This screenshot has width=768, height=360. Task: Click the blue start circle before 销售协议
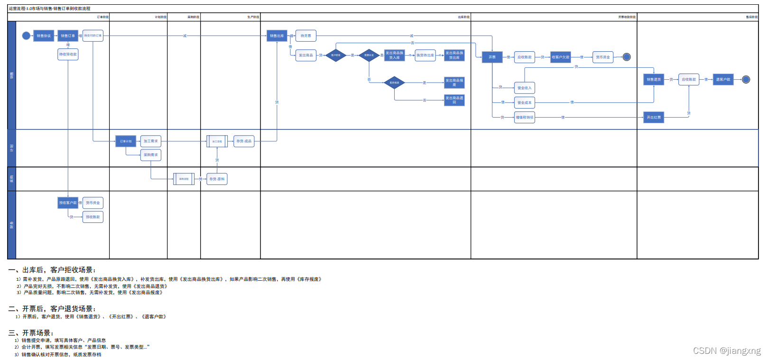click(x=26, y=36)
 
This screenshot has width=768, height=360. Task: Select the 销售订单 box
click(x=68, y=36)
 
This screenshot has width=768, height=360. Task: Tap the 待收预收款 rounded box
click(x=68, y=55)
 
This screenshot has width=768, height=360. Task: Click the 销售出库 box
click(x=277, y=36)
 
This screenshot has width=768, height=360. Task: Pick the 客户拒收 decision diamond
click(x=336, y=55)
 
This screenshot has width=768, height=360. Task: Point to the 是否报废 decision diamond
click(x=394, y=83)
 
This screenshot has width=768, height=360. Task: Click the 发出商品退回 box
click(x=454, y=100)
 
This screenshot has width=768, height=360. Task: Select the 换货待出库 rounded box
click(x=425, y=55)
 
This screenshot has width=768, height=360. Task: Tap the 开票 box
click(x=492, y=57)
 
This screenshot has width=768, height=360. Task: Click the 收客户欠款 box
click(x=560, y=57)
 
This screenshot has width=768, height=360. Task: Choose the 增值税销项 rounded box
click(x=525, y=117)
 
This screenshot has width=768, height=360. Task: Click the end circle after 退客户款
click(x=746, y=80)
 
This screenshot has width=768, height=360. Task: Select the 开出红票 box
click(x=654, y=117)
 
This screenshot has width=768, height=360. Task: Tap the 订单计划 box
click(x=126, y=141)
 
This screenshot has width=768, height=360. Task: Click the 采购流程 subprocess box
click(x=184, y=179)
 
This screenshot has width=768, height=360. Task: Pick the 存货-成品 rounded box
click(x=244, y=141)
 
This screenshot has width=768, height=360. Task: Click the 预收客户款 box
click(x=68, y=203)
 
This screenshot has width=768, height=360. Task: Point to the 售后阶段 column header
click(x=751, y=17)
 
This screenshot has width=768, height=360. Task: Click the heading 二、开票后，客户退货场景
click(x=52, y=309)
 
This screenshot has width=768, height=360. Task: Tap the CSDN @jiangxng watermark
click(x=726, y=351)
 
